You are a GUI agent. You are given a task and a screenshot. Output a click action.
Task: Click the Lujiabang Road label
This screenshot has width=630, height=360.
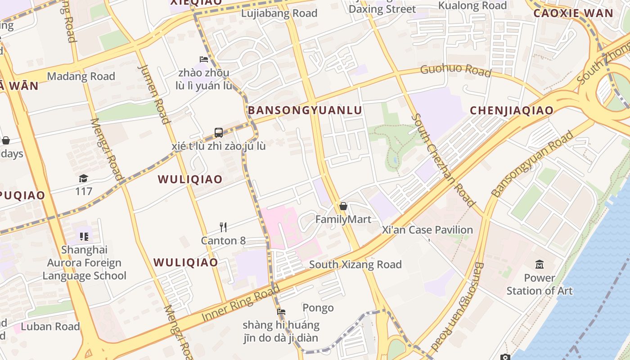point(279,13)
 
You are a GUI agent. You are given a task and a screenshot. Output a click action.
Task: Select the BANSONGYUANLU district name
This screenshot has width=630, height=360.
point(305,110)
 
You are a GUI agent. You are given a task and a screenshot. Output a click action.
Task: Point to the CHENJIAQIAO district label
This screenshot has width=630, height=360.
point(512,110)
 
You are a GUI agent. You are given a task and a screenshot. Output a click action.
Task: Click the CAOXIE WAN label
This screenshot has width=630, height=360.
point(573,13)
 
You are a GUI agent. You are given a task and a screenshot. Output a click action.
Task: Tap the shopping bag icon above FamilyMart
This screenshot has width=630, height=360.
point(343,206)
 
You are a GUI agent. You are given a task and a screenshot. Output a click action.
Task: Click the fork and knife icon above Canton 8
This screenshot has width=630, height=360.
point(223,227)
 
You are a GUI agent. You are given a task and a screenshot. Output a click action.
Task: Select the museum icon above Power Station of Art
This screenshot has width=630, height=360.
point(539,264)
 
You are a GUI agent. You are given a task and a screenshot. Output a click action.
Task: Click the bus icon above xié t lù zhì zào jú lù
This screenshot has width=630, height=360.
point(219,132)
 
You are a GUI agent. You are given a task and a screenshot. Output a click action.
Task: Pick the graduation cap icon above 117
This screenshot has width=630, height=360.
point(83,178)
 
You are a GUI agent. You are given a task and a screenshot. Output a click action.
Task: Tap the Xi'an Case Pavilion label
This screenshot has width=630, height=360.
point(427,230)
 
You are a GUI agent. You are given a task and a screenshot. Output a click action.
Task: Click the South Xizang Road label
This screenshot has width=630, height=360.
point(355,265)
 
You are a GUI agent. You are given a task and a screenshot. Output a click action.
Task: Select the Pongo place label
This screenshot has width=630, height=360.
point(318,308)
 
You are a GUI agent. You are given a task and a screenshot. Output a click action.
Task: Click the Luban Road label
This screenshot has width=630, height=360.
point(50,326)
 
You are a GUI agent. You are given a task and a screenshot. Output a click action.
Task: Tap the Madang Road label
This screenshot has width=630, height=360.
point(81,76)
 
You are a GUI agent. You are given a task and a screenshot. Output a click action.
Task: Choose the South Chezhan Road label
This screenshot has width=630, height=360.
point(443,160)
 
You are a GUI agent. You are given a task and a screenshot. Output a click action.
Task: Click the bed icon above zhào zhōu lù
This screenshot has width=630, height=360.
point(204,59)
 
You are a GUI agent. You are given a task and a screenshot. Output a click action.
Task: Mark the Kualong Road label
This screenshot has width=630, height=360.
point(472,5)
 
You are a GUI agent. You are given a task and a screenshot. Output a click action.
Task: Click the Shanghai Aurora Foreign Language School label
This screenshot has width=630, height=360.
point(85,263)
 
